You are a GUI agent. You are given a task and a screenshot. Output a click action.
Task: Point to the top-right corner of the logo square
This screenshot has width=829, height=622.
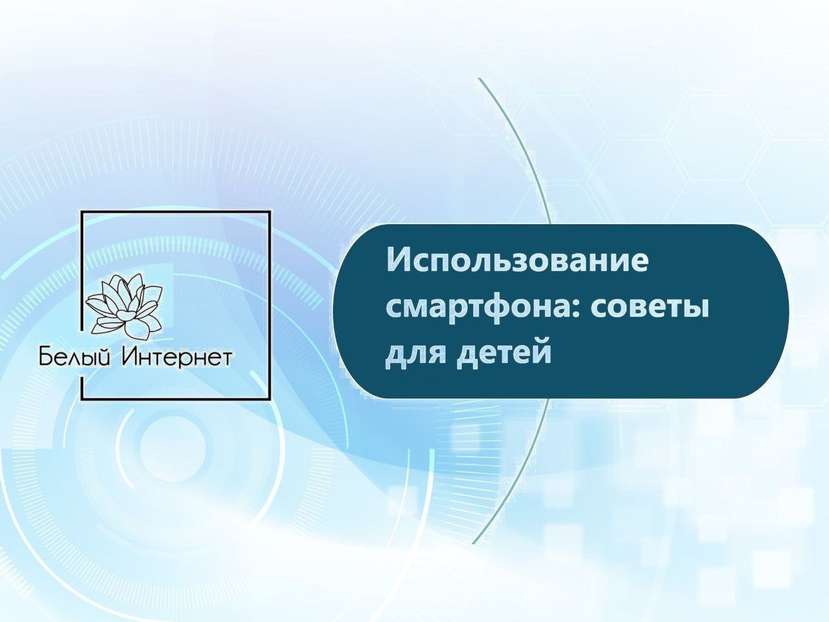(x=269, y=212)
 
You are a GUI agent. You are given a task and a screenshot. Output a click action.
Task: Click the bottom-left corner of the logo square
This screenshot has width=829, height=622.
(x=83, y=398)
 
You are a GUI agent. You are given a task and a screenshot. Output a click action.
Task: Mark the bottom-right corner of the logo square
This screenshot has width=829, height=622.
(x=269, y=398)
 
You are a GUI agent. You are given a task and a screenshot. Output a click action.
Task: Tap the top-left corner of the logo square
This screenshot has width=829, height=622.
(x=83, y=212)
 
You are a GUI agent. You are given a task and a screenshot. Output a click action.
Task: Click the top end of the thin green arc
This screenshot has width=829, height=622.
(x=479, y=78)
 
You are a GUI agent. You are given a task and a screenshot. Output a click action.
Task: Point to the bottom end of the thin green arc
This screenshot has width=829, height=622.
(x=473, y=544)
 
